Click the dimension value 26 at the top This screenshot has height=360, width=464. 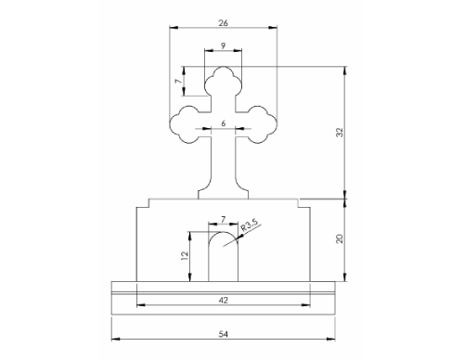coord(223,23)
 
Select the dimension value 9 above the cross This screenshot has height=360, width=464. coord(224,45)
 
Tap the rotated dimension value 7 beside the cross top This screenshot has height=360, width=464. coord(178,81)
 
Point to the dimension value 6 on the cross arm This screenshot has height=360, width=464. coord(224,123)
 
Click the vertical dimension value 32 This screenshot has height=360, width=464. coord(340,132)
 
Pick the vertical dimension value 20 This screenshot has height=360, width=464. coord(340,238)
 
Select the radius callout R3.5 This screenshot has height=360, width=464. coord(249,226)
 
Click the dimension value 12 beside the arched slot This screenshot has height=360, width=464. coord(185,255)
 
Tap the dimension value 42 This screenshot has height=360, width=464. coord(224,300)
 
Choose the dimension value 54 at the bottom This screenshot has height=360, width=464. coord(224,334)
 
